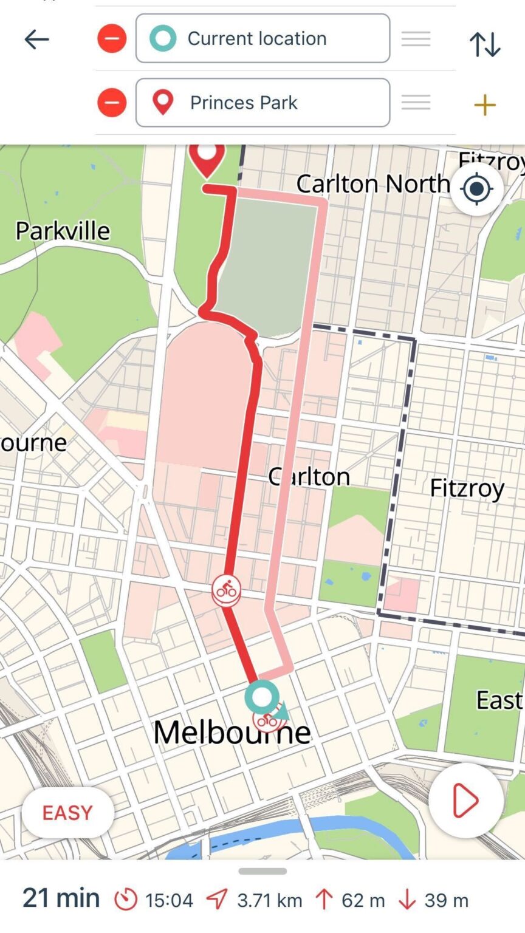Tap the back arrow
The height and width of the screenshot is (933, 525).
click(36, 39)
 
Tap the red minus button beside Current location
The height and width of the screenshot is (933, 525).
click(112, 39)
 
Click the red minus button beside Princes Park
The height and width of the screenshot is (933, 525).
click(112, 103)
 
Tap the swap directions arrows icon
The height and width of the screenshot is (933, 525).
click(484, 44)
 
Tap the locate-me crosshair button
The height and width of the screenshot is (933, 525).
click(476, 189)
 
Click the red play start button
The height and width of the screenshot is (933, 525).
click(465, 801)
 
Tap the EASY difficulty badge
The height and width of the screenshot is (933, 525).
click(67, 813)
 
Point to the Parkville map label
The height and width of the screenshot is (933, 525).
click(63, 231)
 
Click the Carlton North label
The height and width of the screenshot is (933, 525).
click(372, 183)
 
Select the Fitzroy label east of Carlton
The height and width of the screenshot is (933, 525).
click(467, 488)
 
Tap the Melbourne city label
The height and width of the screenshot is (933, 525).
click(232, 733)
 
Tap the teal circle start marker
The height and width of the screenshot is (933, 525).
click(262, 697)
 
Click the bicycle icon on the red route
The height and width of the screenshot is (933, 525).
click(226, 589)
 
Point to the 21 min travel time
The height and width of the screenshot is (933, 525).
click(61, 898)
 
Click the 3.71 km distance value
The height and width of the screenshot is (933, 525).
click(269, 900)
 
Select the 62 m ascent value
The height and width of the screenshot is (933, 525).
click(363, 900)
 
